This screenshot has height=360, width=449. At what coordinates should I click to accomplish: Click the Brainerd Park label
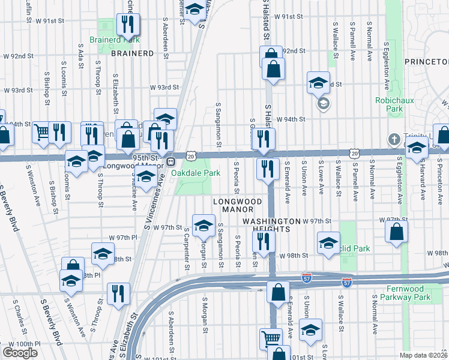(x=115, y=41)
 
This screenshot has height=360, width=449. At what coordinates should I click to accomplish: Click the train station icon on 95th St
(x=171, y=161)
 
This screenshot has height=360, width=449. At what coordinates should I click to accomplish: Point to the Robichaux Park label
(x=388, y=105)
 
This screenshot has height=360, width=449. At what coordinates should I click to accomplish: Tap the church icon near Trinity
(x=394, y=139)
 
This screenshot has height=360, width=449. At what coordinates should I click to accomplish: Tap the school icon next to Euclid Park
(x=328, y=244)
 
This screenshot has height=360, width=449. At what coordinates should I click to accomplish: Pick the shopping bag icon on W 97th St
(x=397, y=232)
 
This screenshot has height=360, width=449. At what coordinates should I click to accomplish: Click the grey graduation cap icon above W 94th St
(x=323, y=104)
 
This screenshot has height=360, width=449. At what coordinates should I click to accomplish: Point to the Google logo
(x=20, y=352)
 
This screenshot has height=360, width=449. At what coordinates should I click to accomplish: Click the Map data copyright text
(x=423, y=355)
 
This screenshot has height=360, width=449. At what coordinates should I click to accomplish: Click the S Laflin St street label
(x=28, y=10)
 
